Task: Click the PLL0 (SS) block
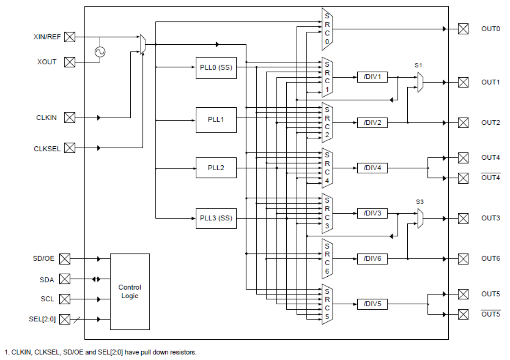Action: click(216, 67)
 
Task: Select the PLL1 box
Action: click(216, 120)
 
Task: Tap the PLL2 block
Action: click(216, 167)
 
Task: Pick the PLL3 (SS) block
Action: click(216, 218)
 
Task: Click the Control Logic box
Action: click(130, 292)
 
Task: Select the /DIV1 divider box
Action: click(372, 77)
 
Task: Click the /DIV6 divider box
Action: click(372, 259)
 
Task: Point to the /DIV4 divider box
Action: click(372, 168)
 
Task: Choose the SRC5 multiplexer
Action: click(327, 304)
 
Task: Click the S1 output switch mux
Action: click(421, 82)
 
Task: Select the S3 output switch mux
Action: click(421, 219)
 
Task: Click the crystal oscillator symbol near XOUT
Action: click(99, 52)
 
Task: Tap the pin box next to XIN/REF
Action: click(70, 37)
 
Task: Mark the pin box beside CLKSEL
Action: click(70, 148)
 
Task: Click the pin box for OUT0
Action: click(463, 29)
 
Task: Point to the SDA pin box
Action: click(65, 279)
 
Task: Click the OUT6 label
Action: click(491, 259)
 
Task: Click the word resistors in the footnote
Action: click(182, 352)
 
